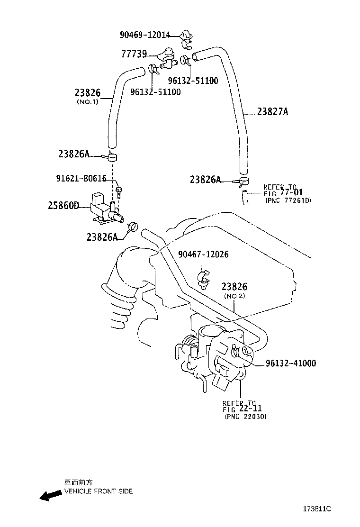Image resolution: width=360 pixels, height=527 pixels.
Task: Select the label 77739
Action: pyautogui.click(x=134, y=54)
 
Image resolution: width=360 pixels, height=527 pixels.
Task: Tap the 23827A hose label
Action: pyautogui.click(x=272, y=112)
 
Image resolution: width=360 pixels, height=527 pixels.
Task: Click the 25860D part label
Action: pyautogui.click(x=63, y=206)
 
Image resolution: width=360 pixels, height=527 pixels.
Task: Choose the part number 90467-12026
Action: pyautogui.click(x=203, y=254)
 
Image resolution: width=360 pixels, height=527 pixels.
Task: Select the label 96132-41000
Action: pyautogui.click(x=290, y=363)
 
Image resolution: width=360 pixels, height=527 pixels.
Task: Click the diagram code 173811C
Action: pyautogui.click(x=317, y=509)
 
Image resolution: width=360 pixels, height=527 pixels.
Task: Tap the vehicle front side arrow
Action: pyautogui.click(x=51, y=496)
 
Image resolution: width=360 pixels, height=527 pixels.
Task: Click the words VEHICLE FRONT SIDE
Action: pyautogui.click(x=99, y=491)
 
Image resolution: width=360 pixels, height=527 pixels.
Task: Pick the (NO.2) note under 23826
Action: pyautogui.click(x=234, y=296)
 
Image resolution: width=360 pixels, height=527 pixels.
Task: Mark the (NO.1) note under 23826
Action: pyautogui.click(x=87, y=102)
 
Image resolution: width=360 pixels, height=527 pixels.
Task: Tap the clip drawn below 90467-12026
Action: pyautogui.click(x=203, y=280)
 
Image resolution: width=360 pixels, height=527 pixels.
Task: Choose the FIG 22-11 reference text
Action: pyautogui.click(x=242, y=409)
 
